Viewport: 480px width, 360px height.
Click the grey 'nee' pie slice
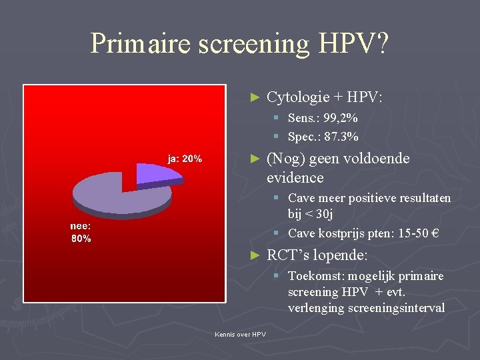(113, 193)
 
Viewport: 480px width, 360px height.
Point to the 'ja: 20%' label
(185, 159)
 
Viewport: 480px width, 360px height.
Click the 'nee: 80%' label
(81, 233)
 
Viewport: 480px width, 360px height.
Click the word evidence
(295, 178)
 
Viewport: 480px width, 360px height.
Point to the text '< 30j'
(319, 214)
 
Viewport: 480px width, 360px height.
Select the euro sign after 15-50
(435, 233)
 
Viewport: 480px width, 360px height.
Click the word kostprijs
(341, 233)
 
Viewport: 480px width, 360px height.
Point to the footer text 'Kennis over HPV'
(240, 334)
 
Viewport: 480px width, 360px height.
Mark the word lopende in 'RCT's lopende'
(344, 255)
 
